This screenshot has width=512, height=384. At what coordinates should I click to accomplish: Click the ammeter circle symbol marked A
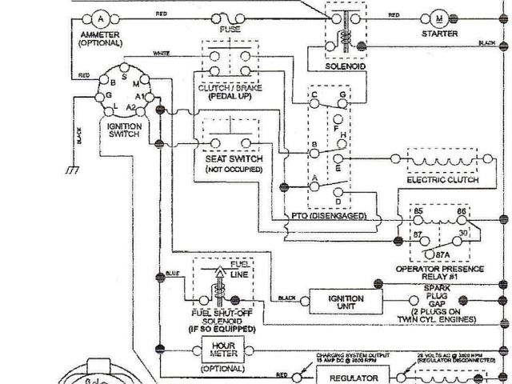click(x=99, y=17)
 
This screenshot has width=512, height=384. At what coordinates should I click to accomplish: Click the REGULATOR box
click(x=352, y=375)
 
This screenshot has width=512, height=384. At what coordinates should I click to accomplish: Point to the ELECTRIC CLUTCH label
click(x=442, y=180)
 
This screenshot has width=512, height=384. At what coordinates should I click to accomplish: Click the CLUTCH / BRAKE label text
click(x=228, y=86)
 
